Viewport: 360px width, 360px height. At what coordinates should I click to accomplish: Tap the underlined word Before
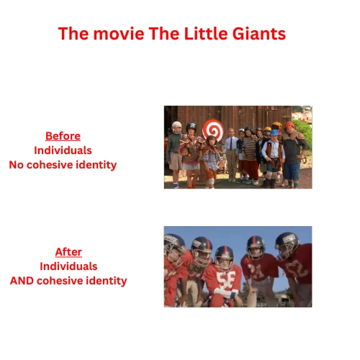click(x=63, y=136)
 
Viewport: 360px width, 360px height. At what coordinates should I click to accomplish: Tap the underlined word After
click(x=68, y=252)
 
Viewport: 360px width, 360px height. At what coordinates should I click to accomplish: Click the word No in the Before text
click(x=17, y=165)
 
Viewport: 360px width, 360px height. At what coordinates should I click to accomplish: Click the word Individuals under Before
click(x=63, y=150)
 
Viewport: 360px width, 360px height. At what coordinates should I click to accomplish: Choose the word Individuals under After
click(x=68, y=266)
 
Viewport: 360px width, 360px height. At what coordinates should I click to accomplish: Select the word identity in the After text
click(x=107, y=281)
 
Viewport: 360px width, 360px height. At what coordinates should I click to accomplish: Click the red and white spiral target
click(x=213, y=130)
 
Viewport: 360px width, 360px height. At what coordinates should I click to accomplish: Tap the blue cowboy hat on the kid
click(x=274, y=133)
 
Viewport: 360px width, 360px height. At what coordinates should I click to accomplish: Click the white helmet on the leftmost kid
click(x=176, y=126)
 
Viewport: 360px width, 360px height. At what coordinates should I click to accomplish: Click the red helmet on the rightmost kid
click(x=290, y=125)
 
